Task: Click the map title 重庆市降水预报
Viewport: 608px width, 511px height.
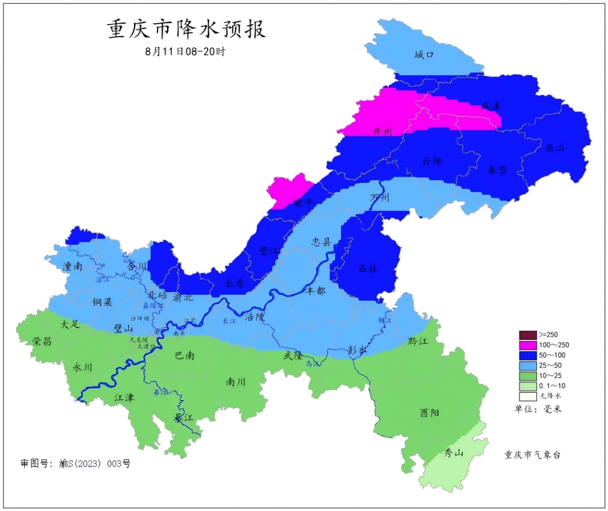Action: click(x=186, y=29)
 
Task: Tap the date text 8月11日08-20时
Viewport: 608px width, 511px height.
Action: click(x=185, y=51)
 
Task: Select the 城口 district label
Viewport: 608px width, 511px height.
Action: click(x=424, y=55)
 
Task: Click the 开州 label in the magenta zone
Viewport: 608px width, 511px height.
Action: click(x=383, y=132)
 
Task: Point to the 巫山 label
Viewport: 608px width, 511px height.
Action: click(x=555, y=148)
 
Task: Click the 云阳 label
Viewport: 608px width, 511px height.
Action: click(x=431, y=161)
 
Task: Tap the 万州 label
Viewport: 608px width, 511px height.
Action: click(x=379, y=198)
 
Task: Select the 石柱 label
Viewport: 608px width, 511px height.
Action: click(x=368, y=268)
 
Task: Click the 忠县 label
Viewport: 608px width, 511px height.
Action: click(x=322, y=242)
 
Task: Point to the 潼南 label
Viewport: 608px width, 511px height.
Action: click(x=73, y=267)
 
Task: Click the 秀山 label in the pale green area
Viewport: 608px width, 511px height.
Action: click(x=454, y=453)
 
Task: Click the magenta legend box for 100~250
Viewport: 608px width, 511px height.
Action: click(x=526, y=344)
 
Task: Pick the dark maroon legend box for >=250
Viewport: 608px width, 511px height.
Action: click(x=526, y=334)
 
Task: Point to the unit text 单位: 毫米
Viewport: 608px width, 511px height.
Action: click(x=538, y=409)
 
